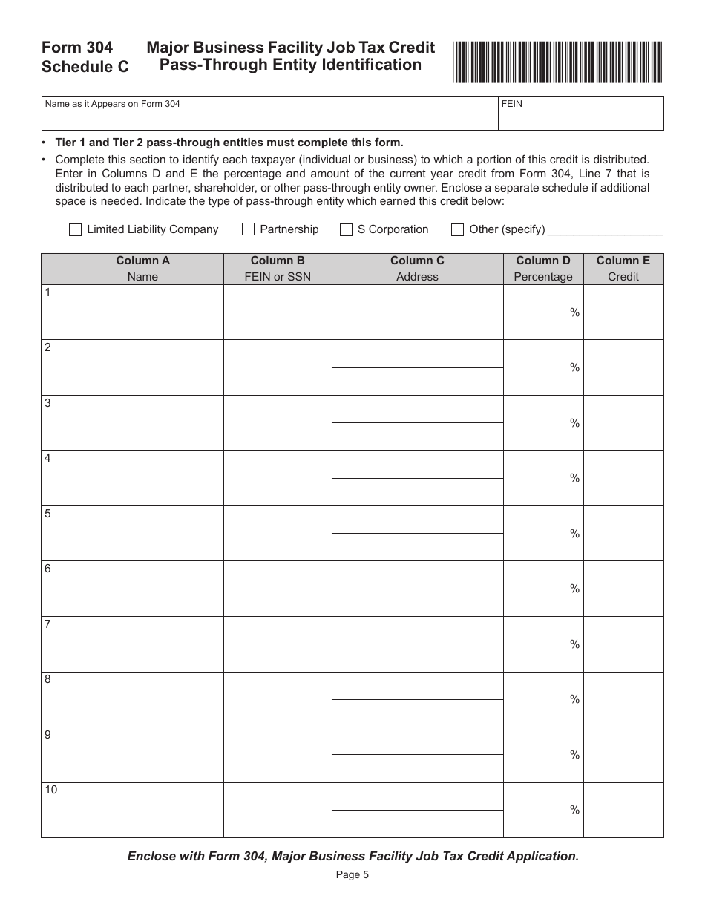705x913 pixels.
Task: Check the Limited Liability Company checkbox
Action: coord(75,230)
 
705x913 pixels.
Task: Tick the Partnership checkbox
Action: coord(248,230)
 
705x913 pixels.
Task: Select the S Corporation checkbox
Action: coord(346,230)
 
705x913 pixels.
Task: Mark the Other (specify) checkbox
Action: coord(458,230)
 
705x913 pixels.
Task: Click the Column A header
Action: coord(142,269)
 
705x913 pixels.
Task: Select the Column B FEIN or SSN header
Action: coord(278,269)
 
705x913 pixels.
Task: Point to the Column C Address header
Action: coord(417,269)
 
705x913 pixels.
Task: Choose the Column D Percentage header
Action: coord(543,269)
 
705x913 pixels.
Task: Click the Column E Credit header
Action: coord(623,269)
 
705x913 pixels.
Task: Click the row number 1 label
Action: coord(48,293)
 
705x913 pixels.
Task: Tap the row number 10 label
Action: coord(50,790)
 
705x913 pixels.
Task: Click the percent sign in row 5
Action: coord(574,534)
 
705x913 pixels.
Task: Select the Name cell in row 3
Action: coord(142,423)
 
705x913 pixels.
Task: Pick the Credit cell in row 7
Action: coord(623,644)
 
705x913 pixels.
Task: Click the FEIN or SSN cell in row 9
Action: coord(278,754)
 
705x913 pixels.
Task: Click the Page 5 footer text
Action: coord(352,874)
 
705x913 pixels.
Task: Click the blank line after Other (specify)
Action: coord(605,231)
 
